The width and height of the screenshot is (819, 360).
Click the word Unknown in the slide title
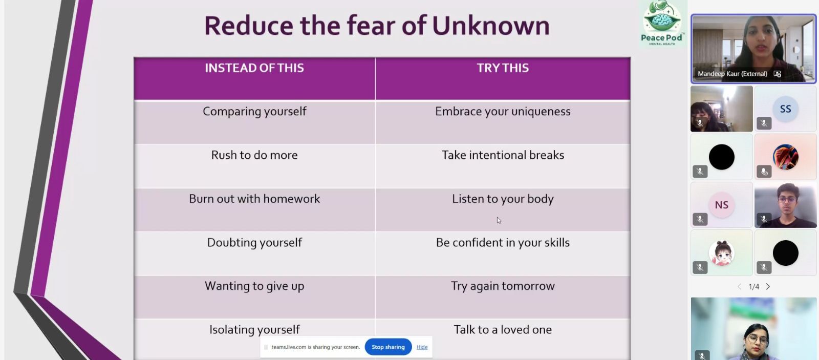pos(491,26)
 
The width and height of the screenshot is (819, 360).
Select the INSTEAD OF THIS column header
pos(254,68)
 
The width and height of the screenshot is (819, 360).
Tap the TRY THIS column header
pos(503,68)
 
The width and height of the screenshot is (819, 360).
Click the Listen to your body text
pos(503,199)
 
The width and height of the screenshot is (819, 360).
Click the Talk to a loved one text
pos(503,330)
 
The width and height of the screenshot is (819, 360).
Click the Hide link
pos(422,347)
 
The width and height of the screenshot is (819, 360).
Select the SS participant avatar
pos(785,109)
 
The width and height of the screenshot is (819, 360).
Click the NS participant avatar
pos(721,205)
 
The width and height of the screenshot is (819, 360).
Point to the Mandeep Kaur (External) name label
pos(732,74)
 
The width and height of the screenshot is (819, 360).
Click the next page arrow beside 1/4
pos(768,286)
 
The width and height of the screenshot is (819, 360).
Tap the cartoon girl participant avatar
pos(721,253)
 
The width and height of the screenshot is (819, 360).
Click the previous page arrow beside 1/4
pos(739,286)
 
